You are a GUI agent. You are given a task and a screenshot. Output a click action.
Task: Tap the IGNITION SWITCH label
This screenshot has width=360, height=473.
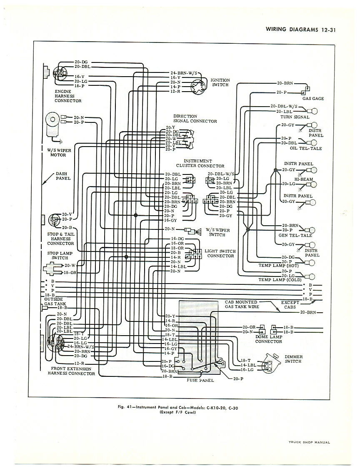click(220, 82)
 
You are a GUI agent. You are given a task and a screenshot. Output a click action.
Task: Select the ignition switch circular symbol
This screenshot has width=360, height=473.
click(198, 87)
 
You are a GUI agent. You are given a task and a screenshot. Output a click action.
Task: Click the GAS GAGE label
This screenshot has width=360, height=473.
click(313, 99)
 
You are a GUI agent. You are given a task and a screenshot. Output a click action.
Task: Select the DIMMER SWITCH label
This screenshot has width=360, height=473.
click(294, 359)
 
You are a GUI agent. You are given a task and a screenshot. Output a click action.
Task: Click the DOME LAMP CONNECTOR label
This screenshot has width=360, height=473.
click(269, 339)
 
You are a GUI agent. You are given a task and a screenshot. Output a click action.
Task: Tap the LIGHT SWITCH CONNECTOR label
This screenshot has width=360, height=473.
click(221, 254)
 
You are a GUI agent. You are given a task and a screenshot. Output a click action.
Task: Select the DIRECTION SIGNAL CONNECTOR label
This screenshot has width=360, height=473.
click(195, 119)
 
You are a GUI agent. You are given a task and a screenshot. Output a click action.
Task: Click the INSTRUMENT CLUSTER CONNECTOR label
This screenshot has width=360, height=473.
click(203, 163)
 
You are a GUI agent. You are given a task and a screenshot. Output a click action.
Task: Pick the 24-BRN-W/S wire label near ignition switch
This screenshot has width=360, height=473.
click(184, 73)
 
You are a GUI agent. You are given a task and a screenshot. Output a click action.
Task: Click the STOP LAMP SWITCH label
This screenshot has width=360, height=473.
click(60, 255)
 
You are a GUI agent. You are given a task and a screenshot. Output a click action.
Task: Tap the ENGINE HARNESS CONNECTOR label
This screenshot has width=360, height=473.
click(67, 96)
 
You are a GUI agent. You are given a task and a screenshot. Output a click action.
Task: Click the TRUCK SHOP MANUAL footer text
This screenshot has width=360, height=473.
click(309, 443)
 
